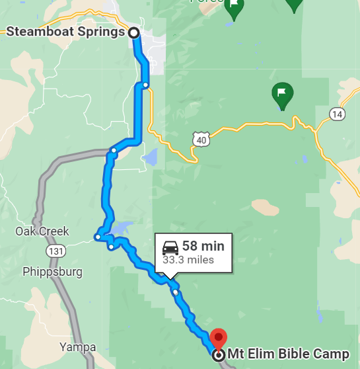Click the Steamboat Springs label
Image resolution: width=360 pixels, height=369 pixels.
[65, 32]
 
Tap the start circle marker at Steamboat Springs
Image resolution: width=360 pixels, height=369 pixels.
[133, 32]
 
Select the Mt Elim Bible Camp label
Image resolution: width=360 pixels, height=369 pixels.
[288, 355]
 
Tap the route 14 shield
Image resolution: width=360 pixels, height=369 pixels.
[338, 114]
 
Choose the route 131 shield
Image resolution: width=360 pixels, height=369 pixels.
[55, 251]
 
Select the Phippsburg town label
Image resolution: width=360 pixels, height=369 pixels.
[52, 272]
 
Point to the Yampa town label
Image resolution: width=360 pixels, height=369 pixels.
[77, 347]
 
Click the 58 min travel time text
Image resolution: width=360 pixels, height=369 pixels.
[203, 247]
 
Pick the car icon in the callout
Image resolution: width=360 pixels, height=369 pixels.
[170, 247]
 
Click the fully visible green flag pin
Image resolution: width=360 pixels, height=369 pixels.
[282, 96]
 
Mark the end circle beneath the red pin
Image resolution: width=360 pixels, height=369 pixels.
[218, 355]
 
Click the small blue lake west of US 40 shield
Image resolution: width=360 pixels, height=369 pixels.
[151, 157]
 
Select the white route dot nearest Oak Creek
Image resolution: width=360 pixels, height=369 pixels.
[97, 236]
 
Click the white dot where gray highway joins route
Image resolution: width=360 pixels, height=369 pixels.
[114, 151]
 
